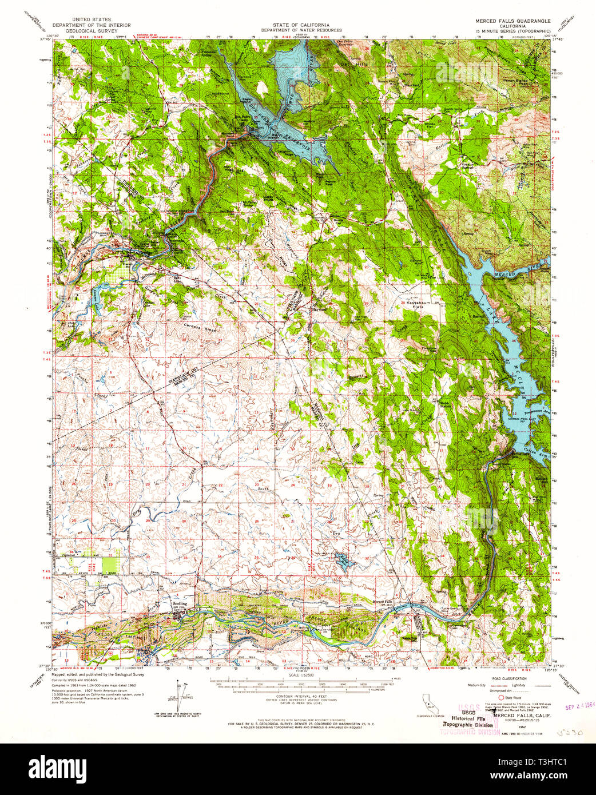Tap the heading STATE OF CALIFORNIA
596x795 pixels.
click(301, 25)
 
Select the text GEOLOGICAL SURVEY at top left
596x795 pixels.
click(91, 30)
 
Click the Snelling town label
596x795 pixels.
click(180, 603)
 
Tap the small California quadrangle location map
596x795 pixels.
click(427, 701)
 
